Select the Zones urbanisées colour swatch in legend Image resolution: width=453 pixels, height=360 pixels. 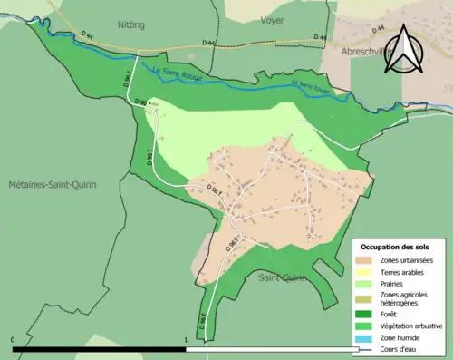(366, 261)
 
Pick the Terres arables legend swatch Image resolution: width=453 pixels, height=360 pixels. (366, 273)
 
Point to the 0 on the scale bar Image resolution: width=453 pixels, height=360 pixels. (14, 342)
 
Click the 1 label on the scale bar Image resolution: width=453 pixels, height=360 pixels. (187, 342)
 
